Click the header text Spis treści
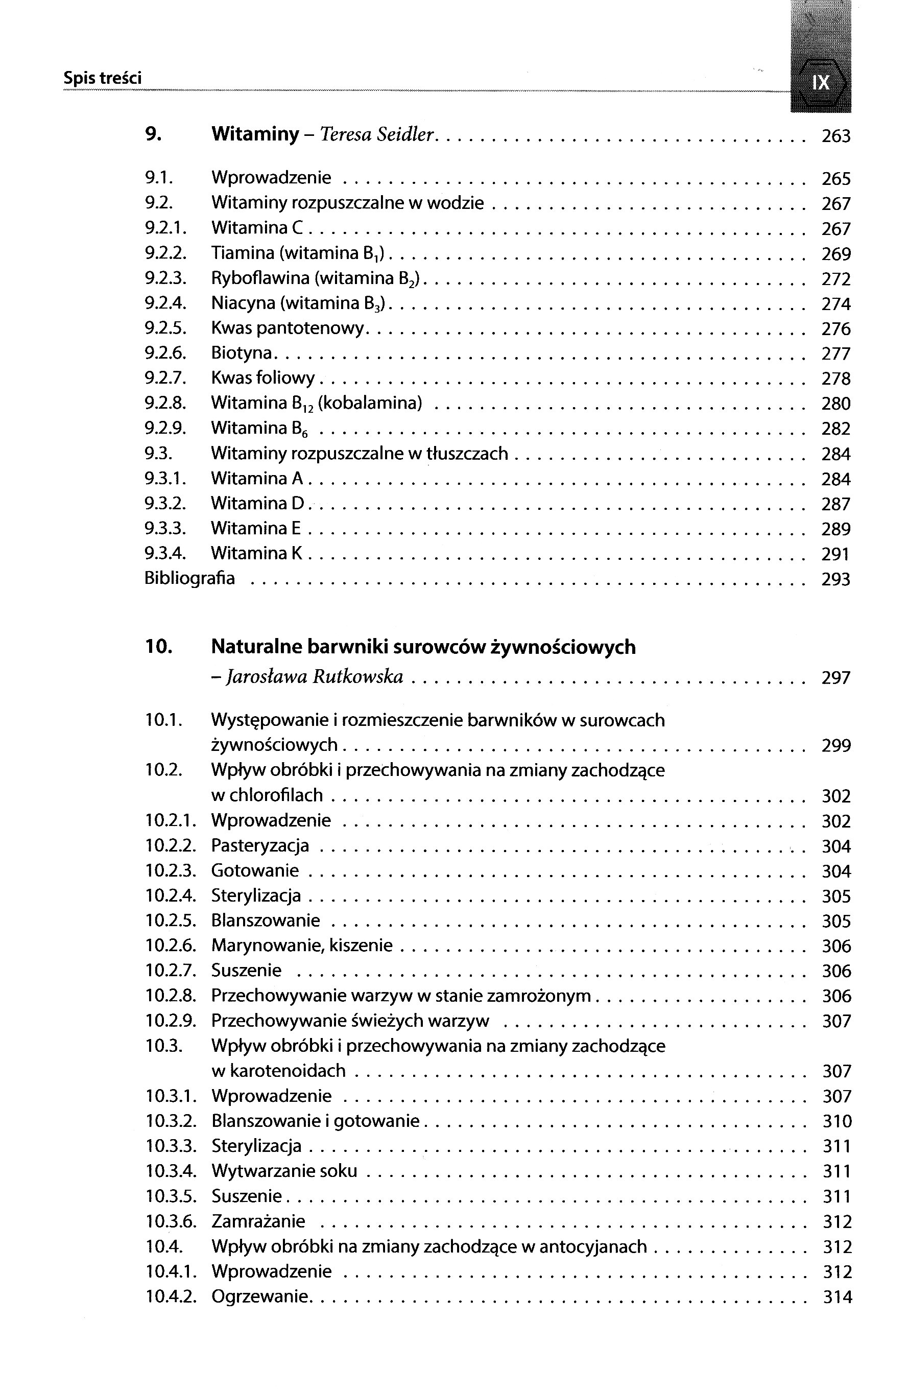click(102, 78)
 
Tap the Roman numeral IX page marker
click(821, 82)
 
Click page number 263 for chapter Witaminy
click(835, 136)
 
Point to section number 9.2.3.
click(165, 278)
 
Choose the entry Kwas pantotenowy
click(288, 328)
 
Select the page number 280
click(835, 404)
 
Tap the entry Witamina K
click(257, 553)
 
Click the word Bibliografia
click(189, 578)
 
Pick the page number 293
click(835, 579)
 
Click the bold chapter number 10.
click(158, 646)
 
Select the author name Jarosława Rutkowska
click(315, 677)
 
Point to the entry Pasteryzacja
click(260, 845)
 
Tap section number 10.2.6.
click(171, 945)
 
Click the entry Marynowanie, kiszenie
click(302, 945)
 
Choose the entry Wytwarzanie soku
click(284, 1170)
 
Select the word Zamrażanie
click(258, 1221)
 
